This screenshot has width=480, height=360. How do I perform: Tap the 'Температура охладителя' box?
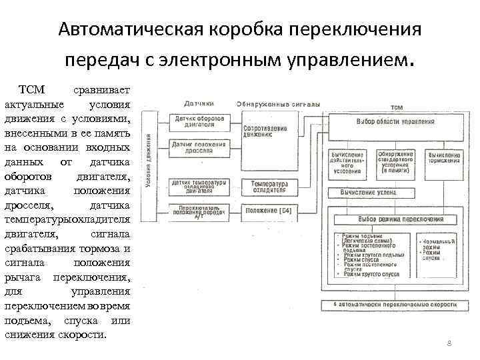[269, 187]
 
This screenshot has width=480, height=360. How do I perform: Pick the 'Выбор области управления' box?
[395, 122]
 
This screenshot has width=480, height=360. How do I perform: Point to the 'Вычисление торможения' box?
[443, 157]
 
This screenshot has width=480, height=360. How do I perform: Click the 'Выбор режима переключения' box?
[395, 219]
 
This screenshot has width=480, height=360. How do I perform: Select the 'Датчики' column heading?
[199, 104]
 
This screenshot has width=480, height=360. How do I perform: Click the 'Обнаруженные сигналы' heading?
[278, 104]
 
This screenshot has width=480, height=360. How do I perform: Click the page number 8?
[449, 343]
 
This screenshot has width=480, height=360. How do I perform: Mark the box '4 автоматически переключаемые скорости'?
[395, 303]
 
